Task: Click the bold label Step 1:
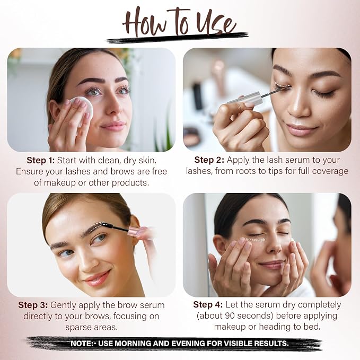[x=41, y=160]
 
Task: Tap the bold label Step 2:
[x=209, y=160]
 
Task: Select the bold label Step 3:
[x=33, y=305]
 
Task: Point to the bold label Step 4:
[x=208, y=305]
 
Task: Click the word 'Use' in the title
[x=216, y=23]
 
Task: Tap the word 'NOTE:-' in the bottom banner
[x=83, y=344]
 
